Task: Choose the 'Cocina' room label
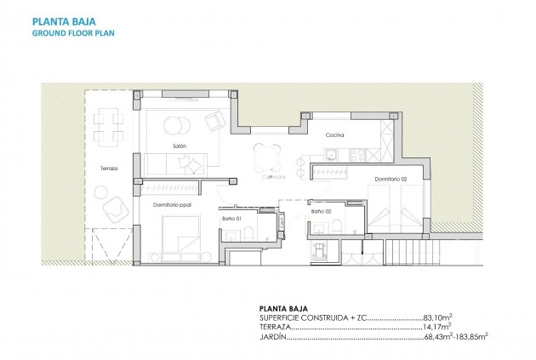pos(334,135)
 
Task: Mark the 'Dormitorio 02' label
pos(392,180)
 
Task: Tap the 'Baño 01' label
pos(232,219)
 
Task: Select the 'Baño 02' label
pos(321,211)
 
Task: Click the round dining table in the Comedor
pos(267,157)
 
